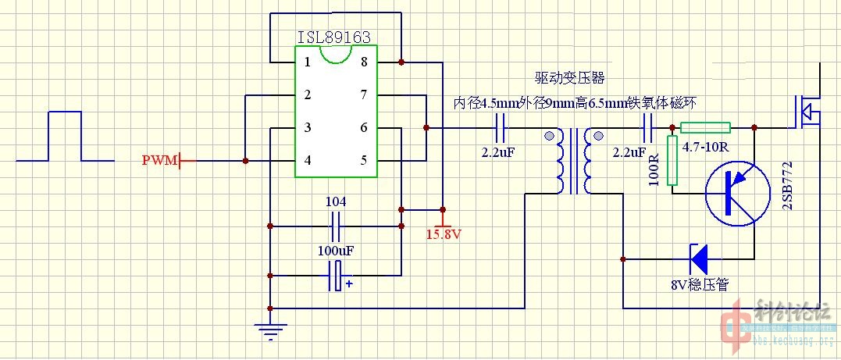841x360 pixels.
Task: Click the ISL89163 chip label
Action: coord(333,37)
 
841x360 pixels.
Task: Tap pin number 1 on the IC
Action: coord(308,62)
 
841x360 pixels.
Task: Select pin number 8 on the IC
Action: coord(363,62)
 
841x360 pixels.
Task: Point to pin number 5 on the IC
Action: coord(363,161)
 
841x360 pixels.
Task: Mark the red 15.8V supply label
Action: coord(444,233)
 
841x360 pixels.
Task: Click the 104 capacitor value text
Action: coord(336,201)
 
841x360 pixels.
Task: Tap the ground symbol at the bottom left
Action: coord(270,333)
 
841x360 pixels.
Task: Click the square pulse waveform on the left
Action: coord(65,137)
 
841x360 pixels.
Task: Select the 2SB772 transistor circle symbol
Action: coord(739,191)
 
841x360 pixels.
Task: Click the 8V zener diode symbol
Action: coord(697,255)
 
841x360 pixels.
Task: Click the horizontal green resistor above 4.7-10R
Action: coord(705,127)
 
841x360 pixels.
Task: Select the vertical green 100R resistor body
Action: coord(672,160)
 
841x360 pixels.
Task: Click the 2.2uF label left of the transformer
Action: coord(498,151)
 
